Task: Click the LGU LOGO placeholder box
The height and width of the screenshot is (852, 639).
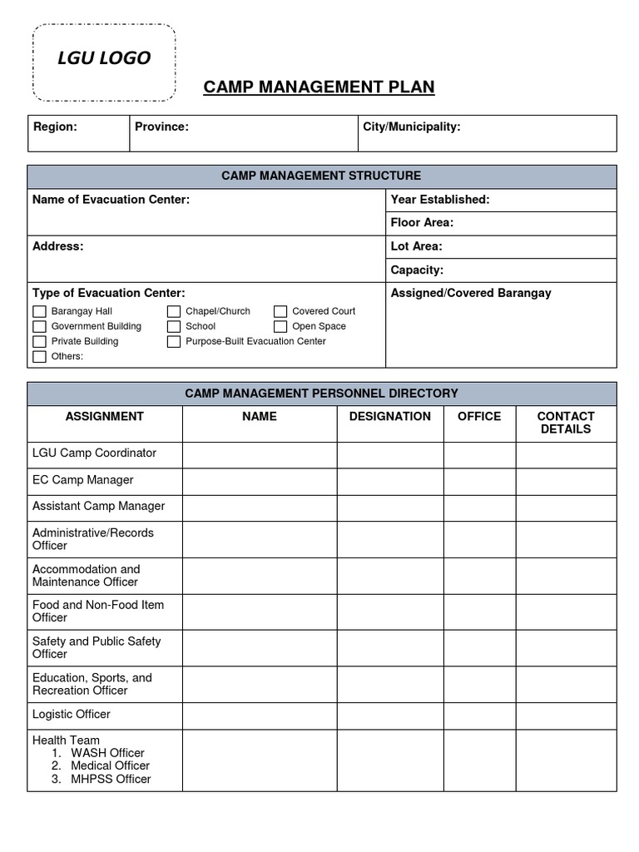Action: click(x=104, y=63)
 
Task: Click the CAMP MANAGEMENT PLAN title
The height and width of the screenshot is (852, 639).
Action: click(x=319, y=87)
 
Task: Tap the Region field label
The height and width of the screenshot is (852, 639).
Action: click(x=55, y=126)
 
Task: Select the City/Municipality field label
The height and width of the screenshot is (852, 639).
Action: click(x=412, y=126)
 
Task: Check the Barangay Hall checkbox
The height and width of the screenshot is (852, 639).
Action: click(x=39, y=311)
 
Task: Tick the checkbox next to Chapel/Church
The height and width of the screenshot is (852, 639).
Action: click(x=173, y=311)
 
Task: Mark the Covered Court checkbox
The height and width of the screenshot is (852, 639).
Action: click(x=280, y=311)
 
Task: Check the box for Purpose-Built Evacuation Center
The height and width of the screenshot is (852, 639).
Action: click(x=173, y=341)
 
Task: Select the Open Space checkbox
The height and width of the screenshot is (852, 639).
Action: click(x=280, y=326)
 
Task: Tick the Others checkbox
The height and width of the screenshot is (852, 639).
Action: click(x=39, y=356)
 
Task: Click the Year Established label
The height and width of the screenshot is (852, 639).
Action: click(x=439, y=200)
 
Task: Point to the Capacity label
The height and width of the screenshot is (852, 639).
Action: click(x=417, y=270)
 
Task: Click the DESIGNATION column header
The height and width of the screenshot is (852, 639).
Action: click(x=389, y=416)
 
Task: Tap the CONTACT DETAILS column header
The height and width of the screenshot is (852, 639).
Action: click(x=566, y=423)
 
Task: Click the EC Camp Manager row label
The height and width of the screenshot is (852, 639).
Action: click(x=82, y=480)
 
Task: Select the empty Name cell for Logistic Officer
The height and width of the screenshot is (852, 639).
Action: click(x=259, y=716)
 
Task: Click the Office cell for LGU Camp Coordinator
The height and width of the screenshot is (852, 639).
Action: click(x=478, y=454)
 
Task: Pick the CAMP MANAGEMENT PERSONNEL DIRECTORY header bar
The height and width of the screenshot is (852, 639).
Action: click(x=321, y=394)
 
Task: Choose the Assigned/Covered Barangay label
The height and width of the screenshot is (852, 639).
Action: click(x=471, y=293)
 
